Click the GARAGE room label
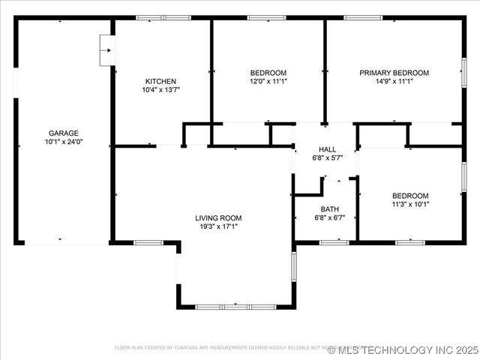click(64, 133)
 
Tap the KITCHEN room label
click(160, 81)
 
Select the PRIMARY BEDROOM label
click(394, 73)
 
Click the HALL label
click(328, 149)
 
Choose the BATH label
click(330, 209)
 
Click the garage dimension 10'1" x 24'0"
click(64, 141)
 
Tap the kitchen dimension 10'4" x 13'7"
click(160, 89)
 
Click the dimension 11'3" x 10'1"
click(410, 203)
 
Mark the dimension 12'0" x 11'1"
click(268, 81)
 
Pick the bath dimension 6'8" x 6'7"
click(330, 217)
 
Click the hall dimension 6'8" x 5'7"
click(328, 157)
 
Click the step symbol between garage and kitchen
click(106, 51)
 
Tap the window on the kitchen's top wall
click(163, 17)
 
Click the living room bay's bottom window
click(235, 307)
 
